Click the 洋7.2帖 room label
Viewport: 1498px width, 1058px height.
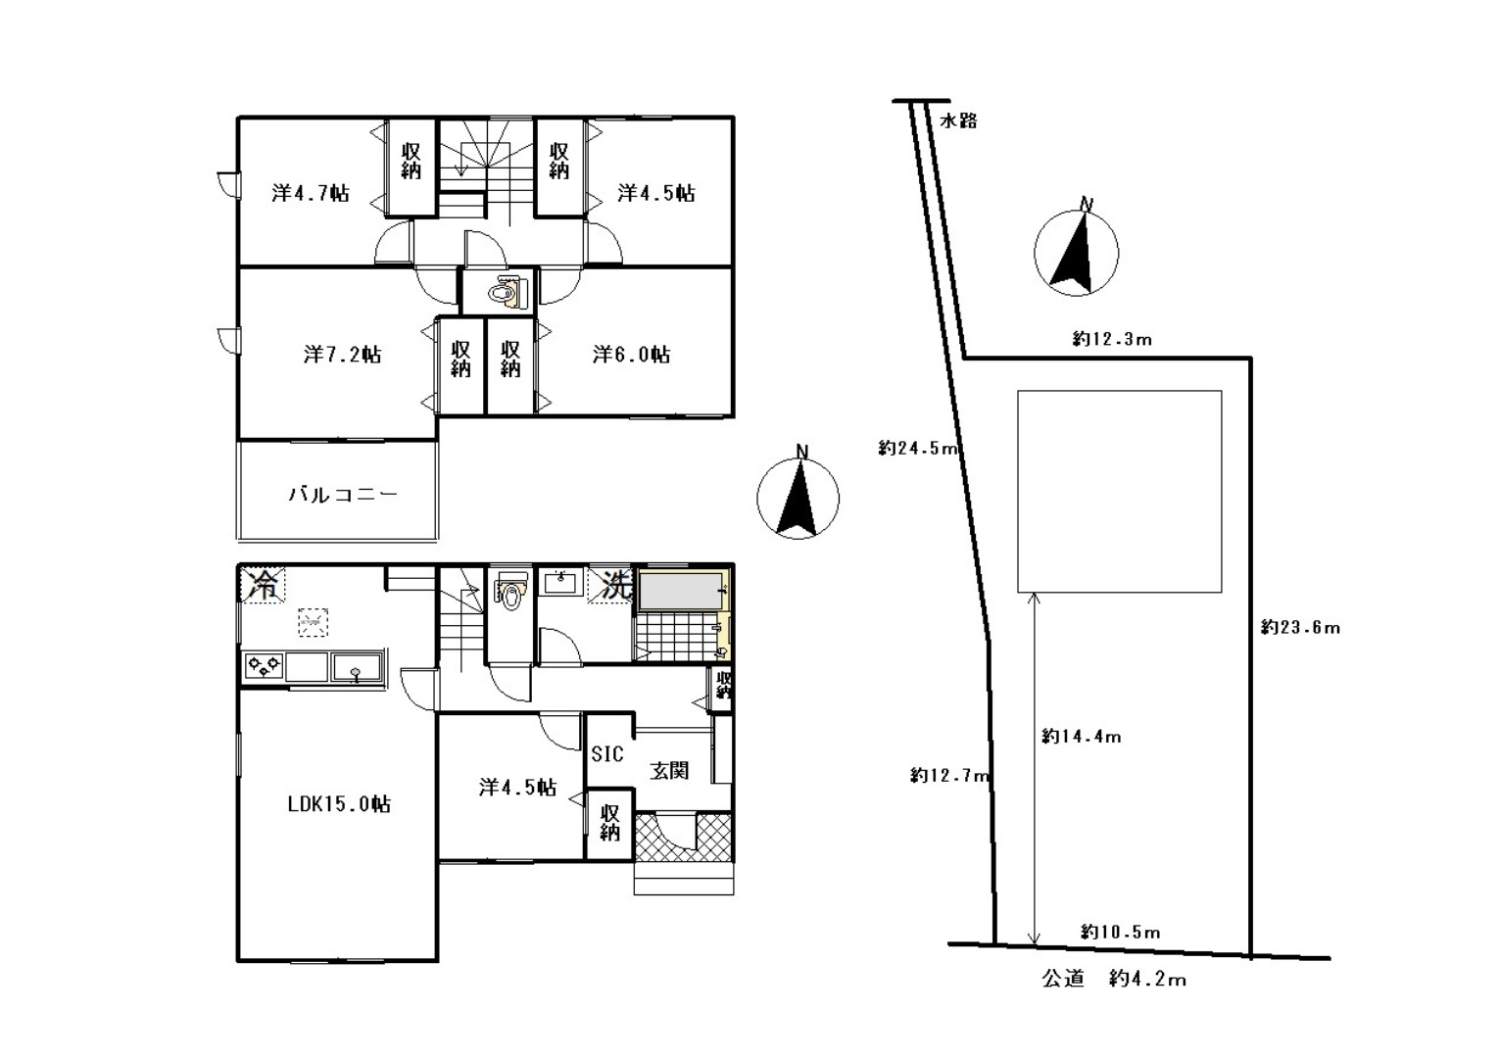[x=342, y=354]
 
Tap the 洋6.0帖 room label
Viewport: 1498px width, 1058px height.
[x=631, y=354]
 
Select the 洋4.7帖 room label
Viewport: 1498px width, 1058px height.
[x=311, y=193]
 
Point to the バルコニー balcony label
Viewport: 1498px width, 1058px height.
[x=343, y=495]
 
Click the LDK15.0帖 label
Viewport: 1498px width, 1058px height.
[x=339, y=803]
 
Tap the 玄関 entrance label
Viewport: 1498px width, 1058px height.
[x=669, y=770]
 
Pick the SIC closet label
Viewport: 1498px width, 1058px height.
[x=607, y=753]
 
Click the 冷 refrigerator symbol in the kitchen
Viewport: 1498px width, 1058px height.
[x=263, y=585]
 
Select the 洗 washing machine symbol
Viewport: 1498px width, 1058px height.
[x=610, y=585]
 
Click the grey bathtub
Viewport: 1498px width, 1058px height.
[x=681, y=591]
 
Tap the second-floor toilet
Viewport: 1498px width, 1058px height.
[x=504, y=293]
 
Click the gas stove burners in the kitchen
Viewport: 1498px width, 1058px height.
[x=265, y=665]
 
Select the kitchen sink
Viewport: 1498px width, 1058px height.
[x=357, y=667]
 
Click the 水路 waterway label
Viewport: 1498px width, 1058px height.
[x=958, y=120]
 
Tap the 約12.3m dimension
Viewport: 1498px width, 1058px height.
[x=1112, y=339]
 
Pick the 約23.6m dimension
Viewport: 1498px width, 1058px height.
[x=1301, y=627]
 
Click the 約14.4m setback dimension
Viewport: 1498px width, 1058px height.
[x=1082, y=737]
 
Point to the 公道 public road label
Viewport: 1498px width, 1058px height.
[x=1063, y=979]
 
